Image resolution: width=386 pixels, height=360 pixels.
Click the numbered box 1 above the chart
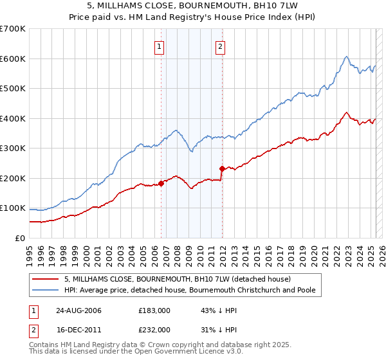click(159, 46)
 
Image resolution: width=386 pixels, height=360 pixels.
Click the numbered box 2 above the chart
click(220, 46)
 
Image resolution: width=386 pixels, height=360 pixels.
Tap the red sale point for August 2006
click(161, 183)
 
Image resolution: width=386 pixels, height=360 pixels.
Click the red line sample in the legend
click(46, 279)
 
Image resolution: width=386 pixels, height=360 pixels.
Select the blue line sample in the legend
click(46, 290)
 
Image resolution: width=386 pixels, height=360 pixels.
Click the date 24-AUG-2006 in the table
click(78, 310)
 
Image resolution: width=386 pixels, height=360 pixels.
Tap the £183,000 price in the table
click(154, 310)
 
